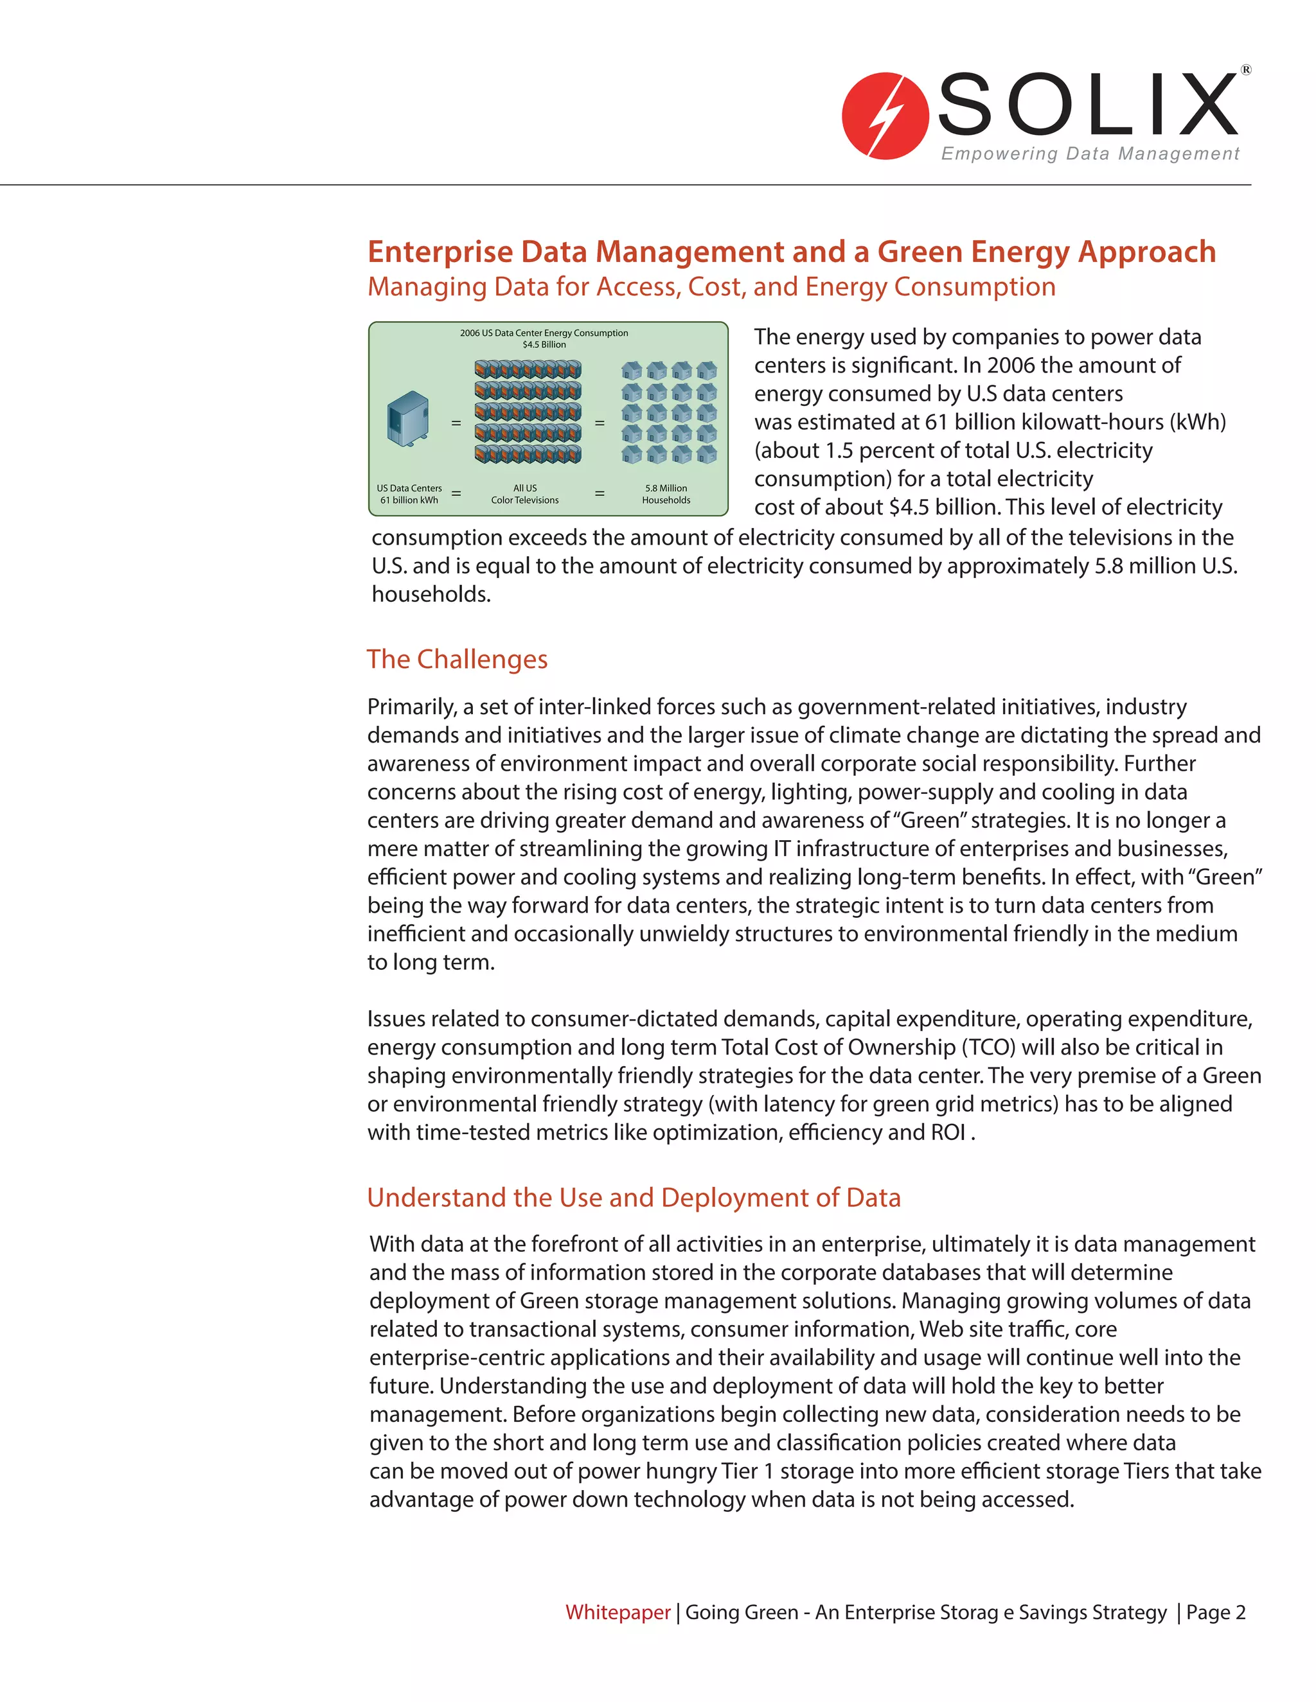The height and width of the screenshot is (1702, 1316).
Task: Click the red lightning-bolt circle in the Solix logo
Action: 885,116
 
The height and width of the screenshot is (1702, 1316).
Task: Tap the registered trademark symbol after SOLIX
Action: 1246,70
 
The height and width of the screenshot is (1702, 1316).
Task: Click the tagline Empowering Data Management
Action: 1090,154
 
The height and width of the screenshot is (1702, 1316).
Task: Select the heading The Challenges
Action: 457,660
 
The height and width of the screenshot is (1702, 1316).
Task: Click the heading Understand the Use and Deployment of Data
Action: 633,1197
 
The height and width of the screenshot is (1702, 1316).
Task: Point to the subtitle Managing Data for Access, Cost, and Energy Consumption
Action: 711,287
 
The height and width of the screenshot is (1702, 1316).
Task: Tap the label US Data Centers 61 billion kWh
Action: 409,494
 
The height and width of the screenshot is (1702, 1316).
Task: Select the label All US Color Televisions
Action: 525,494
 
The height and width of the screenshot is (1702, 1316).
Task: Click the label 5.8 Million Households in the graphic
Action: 666,494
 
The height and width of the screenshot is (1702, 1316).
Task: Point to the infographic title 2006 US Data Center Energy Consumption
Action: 544,333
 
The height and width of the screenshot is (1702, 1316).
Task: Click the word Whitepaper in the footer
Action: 618,1611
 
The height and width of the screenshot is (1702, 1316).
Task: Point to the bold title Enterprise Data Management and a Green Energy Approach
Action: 791,252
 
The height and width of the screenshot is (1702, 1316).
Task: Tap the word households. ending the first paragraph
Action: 431,595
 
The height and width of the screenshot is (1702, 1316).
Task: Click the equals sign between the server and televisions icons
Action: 456,423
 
